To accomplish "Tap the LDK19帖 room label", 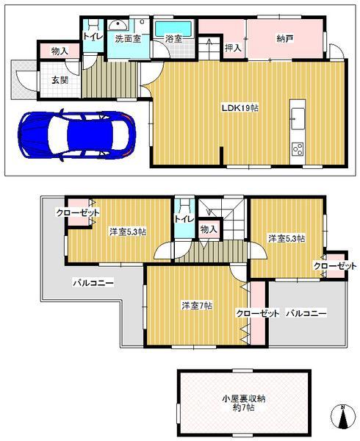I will (x=240, y=107).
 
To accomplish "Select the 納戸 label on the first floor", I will (x=284, y=39).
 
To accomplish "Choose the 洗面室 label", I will (x=127, y=40).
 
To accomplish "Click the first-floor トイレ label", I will (x=93, y=35).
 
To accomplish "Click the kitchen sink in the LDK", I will (x=298, y=116).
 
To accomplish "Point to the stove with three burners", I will (x=298, y=149).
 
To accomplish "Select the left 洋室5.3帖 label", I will (x=127, y=232).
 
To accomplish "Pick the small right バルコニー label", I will (x=306, y=313).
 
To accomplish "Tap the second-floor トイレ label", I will (x=184, y=218).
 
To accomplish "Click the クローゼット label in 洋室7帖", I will (x=257, y=313).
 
